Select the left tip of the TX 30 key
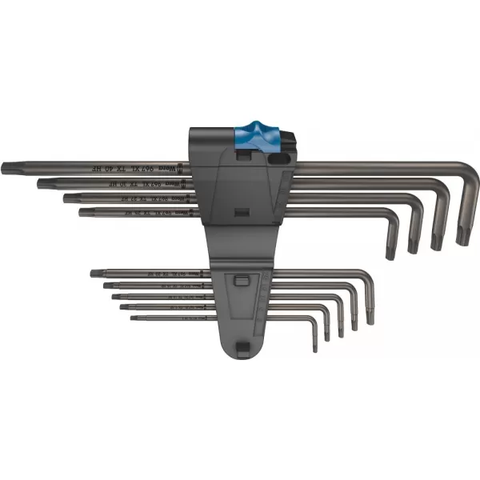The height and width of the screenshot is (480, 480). pyautogui.click(x=40, y=183)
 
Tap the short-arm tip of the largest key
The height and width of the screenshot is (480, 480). pyautogui.click(x=462, y=238)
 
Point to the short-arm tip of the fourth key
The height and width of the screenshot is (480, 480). pyautogui.click(x=390, y=254)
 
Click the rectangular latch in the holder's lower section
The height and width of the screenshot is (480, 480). pyautogui.click(x=238, y=281)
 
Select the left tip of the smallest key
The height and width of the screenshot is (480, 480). pyautogui.click(x=133, y=318)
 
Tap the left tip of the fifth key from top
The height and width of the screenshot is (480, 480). pyautogui.click(x=94, y=274)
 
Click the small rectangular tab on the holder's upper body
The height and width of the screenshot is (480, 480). pyautogui.click(x=239, y=214)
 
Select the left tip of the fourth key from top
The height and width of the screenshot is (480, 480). pyautogui.click(x=82, y=212)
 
